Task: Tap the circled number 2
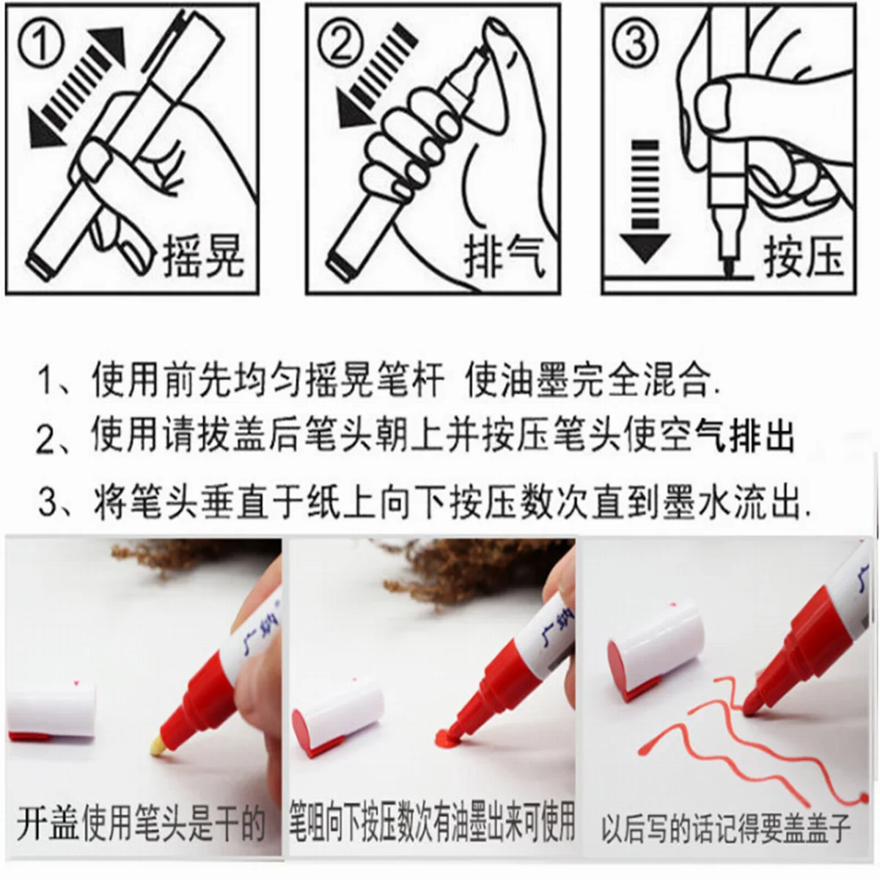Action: (341, 44)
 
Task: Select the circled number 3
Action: (635, 44)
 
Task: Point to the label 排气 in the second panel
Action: (505, 257)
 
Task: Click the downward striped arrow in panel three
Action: (645, 202)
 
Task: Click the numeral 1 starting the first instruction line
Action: (46, 381)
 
